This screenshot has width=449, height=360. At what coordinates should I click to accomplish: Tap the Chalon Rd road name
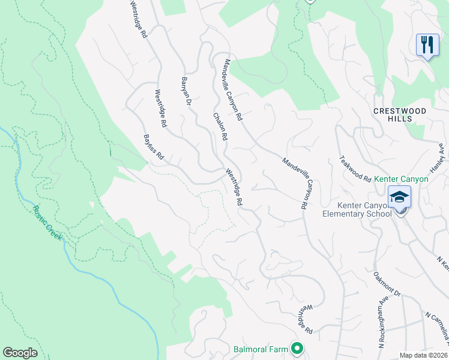(x=219, y=127)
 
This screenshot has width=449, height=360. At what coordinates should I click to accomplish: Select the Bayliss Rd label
(x=154, y=146)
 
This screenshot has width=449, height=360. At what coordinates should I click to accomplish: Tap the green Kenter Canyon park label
(x=402, y=179)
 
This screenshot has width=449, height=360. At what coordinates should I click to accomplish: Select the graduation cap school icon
(x=399, y=196)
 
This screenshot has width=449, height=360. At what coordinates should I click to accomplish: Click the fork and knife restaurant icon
(x=427, y=45)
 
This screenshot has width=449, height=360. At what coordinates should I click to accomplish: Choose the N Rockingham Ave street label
(x=381, y=324)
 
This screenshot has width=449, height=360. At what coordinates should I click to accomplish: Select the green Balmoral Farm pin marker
(x=297, y=347)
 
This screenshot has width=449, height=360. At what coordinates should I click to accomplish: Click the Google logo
(x=20, y=352)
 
